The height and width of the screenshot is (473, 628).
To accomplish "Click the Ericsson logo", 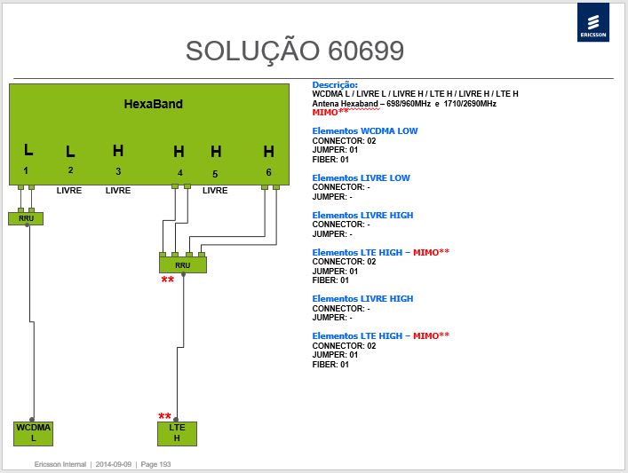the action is pos(593,22).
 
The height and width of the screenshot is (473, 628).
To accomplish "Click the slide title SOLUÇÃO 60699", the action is pos(295,51).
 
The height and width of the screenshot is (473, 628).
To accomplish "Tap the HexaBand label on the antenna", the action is pos(154,104).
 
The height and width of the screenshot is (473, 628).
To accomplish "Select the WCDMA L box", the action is pos(33,433).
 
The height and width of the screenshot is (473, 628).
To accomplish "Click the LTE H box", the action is pos(177,433).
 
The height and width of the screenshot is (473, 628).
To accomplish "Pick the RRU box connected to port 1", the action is pos(26,218).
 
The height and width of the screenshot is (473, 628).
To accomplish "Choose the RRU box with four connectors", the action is pos(183,265).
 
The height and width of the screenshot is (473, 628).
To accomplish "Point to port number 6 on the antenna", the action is pos(269,172).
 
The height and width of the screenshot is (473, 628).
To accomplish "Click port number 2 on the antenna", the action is pos(70,170).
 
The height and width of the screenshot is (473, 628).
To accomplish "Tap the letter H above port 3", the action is pos(118,151).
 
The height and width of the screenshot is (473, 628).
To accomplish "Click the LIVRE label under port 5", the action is pos(215,191).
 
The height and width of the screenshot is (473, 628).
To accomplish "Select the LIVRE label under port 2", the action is pos(69,191).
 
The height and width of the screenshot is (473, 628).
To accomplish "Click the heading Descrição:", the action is pos(335,85).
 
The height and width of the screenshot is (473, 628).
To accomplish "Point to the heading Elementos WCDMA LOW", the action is pos(365,130).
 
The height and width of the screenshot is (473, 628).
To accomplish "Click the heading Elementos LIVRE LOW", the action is pos(361,177).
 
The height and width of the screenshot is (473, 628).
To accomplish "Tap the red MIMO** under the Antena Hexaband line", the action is pos(330,113).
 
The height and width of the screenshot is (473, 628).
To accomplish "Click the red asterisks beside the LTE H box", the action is pos(164,416).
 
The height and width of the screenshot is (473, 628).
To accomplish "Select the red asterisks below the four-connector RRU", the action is pos(168,280).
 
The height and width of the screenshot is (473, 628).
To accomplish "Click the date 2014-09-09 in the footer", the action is pos(114,464).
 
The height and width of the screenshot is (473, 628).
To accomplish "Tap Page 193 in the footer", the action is pos(155,464).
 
